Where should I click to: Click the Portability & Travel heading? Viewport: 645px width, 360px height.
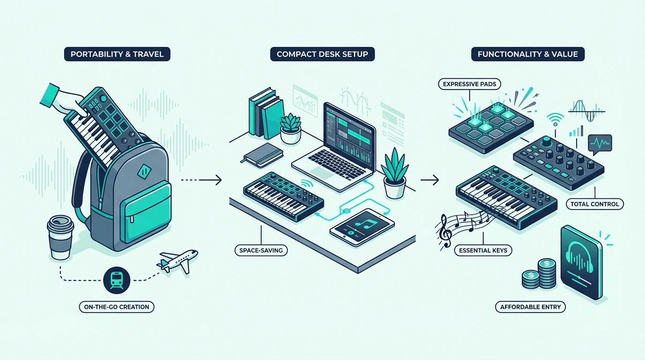pos(117,54)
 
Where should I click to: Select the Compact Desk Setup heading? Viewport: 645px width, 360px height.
pos(322,54)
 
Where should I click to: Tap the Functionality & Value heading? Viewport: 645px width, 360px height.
pos(528,54)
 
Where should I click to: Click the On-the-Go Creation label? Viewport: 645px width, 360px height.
pos(117,307)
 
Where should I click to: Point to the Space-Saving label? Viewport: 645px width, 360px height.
pos(261,250)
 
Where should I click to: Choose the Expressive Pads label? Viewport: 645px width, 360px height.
pos(470,84)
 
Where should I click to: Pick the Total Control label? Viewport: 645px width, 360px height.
pos(595,204)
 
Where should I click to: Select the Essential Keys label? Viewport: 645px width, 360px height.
pos(483,250)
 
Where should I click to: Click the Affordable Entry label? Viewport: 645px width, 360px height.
pos(531,307)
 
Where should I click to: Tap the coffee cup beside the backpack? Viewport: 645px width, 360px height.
pos(60,238)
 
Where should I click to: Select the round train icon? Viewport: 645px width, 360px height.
pos(117,280)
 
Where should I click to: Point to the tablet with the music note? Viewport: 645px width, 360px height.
pos(362,227)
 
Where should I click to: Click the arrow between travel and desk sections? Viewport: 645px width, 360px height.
pos(201,180)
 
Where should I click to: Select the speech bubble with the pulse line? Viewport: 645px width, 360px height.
pos(600,144)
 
